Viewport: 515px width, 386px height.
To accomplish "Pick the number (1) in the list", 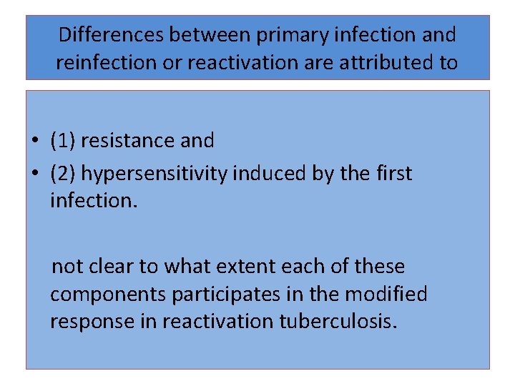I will point(63,141).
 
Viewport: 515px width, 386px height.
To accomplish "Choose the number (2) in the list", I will point(63,174).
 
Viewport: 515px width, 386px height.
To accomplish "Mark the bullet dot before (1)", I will point(34,142).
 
